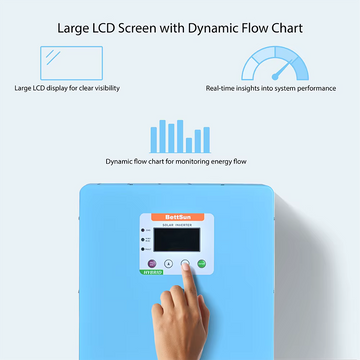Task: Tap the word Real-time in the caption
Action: click(x=224, y=89)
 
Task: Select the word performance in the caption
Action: click(x=320, y=89)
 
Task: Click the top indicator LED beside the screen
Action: click(x=143, y=231)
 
